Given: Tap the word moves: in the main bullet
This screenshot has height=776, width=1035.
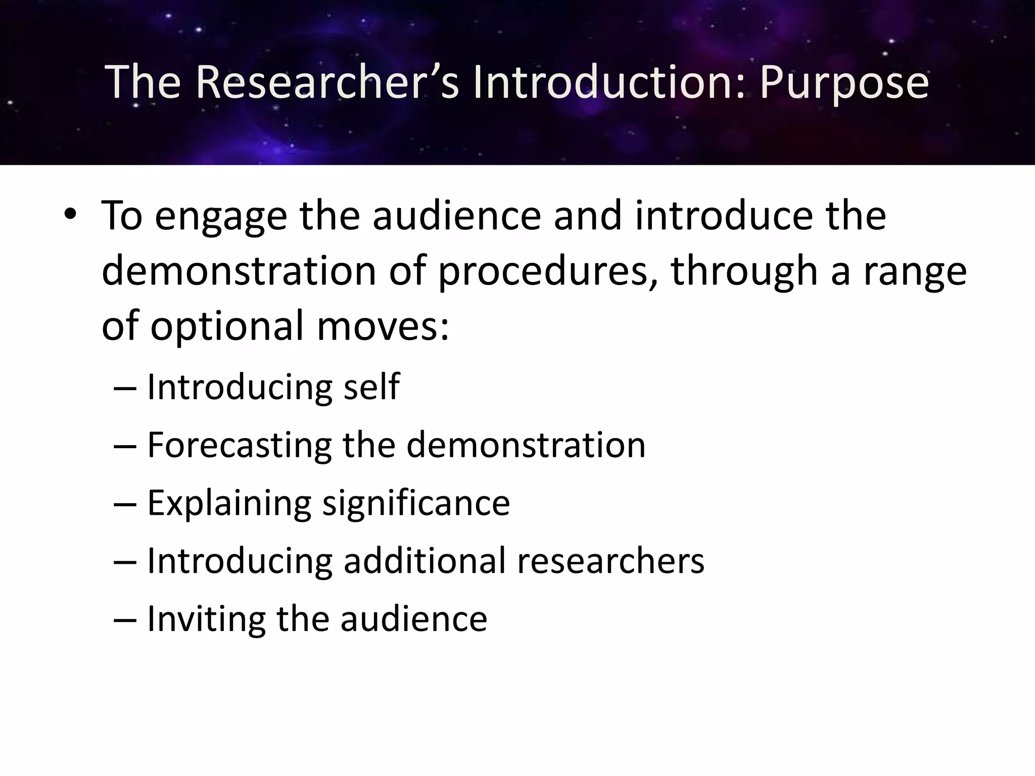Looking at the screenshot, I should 383,325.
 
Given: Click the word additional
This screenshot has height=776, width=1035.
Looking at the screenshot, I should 425,561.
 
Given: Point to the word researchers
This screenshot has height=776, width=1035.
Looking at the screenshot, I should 610,561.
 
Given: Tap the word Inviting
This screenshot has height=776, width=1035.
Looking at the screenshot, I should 206,619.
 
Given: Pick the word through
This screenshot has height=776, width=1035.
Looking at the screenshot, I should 744,271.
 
